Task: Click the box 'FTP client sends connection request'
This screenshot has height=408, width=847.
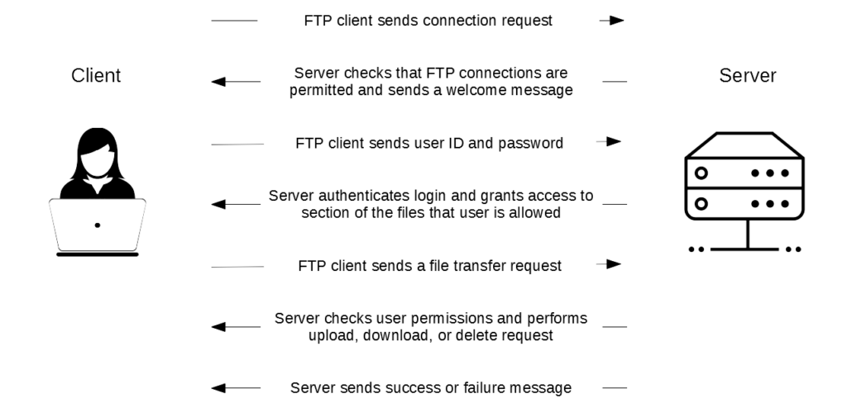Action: (428, 21)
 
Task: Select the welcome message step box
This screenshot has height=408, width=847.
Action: (430, 82)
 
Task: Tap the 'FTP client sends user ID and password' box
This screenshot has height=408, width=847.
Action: (429, 143)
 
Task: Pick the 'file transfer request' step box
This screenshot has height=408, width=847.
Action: (429, 266)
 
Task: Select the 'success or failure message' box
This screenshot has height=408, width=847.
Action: (430, 387)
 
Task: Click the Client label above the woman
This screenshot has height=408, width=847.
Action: (97, 77)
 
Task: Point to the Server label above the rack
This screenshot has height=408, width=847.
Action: (748, 77)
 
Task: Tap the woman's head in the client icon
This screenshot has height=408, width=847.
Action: (97, 151)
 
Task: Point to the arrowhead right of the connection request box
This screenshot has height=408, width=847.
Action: (617, 21)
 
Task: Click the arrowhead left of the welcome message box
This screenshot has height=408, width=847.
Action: (218, 82)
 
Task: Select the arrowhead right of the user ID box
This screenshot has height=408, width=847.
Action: (614, 142)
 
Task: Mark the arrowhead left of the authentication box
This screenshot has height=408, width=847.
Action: (218, 205)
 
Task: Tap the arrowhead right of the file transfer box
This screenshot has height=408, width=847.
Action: (613, 264)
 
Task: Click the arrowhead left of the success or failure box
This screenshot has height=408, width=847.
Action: (218, 387)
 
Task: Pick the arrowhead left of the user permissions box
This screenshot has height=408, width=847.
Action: (218, 327)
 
